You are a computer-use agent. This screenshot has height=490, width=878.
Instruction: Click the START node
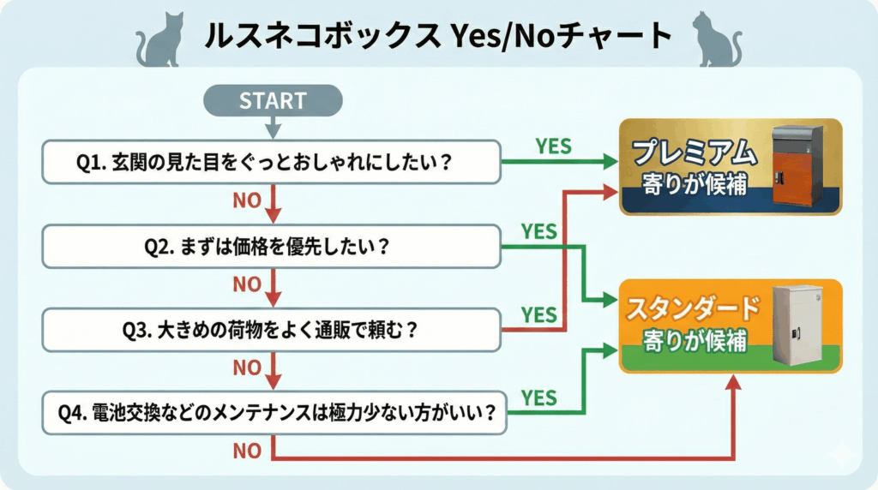tap(273, 100)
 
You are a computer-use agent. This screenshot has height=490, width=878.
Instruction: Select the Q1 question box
tap(271, 162)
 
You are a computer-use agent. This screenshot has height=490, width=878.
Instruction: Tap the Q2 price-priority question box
tap(271, 246)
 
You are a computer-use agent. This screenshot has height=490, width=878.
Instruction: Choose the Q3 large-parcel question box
tap(271, 330)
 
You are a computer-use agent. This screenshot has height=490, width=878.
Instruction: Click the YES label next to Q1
tap(553, 146)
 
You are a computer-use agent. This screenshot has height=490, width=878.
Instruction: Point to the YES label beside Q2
tap(538, 231)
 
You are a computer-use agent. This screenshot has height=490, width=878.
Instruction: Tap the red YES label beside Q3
tap(538, 315)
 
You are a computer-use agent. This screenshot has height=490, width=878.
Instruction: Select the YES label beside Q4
tap(538, 398)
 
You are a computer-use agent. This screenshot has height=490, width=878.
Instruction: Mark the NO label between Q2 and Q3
tap(247, 284)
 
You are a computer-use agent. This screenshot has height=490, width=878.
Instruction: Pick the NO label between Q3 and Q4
tap(247, 367)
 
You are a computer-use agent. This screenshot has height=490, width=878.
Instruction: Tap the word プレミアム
tap(695, 152)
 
